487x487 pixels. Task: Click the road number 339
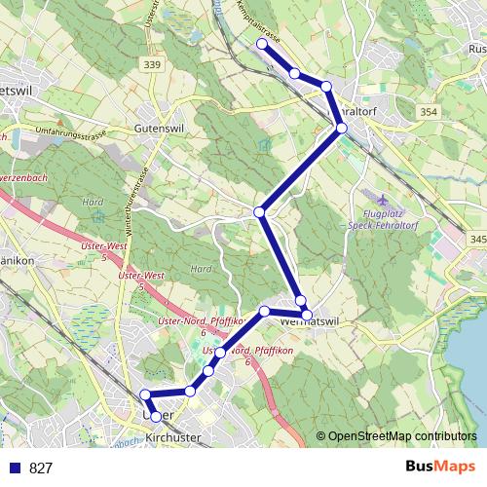click(x=151, y=64)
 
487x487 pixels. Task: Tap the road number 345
click(x=476, y=238)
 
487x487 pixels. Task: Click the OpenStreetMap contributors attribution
click(x=401, y=436)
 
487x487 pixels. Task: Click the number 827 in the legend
click(x=41, y=468)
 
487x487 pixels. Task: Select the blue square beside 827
click(x=15, y=468)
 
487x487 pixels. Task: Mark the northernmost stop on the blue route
click(x=261, y=44)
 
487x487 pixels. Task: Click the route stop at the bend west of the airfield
click(x=260, y=212)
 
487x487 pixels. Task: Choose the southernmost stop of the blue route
click(x=156, y=418)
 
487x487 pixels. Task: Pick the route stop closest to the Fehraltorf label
click(x=341, y=128)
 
